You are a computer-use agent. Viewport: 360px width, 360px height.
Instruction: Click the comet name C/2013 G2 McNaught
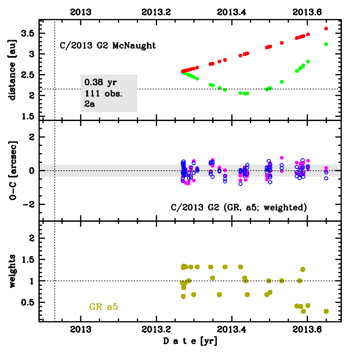point(108,45)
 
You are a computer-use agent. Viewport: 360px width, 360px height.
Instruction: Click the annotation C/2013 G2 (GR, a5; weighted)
point(239,207)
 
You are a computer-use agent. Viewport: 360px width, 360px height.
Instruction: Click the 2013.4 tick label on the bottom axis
point(232,330)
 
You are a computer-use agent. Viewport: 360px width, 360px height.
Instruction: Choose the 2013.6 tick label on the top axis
point(307,12)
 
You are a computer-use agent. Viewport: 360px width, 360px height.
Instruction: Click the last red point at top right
point(326,28)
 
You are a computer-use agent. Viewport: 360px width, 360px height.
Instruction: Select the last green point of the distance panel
point(326,44)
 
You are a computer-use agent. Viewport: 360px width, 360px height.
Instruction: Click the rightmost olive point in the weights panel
point(326,311)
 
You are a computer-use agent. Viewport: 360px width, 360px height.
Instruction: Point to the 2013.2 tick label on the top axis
point(156,12)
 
